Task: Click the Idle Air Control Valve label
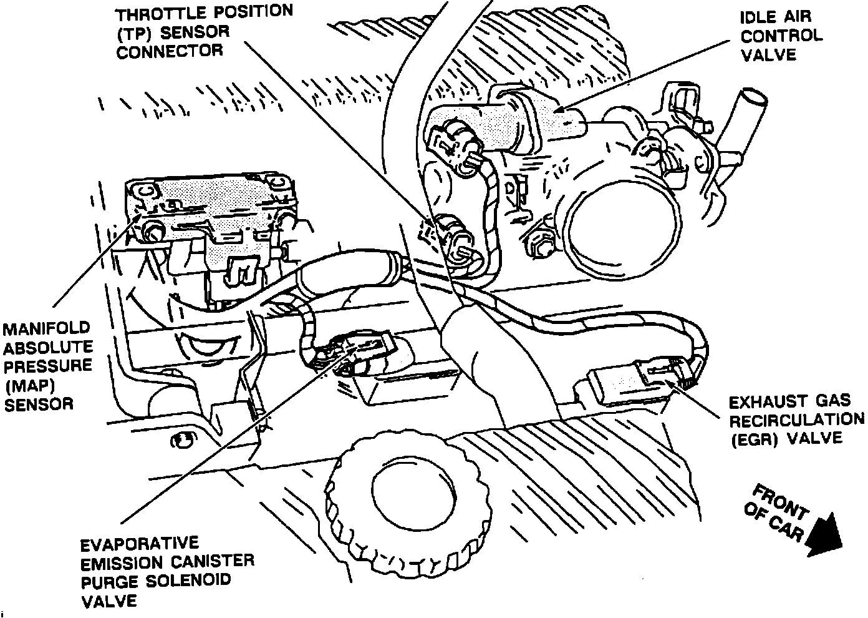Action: coord(781,36)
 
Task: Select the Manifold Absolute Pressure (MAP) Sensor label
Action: coord(47,366)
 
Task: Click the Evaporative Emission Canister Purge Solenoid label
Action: coord(167,571)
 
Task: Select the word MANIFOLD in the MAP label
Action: coord(47,328)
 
